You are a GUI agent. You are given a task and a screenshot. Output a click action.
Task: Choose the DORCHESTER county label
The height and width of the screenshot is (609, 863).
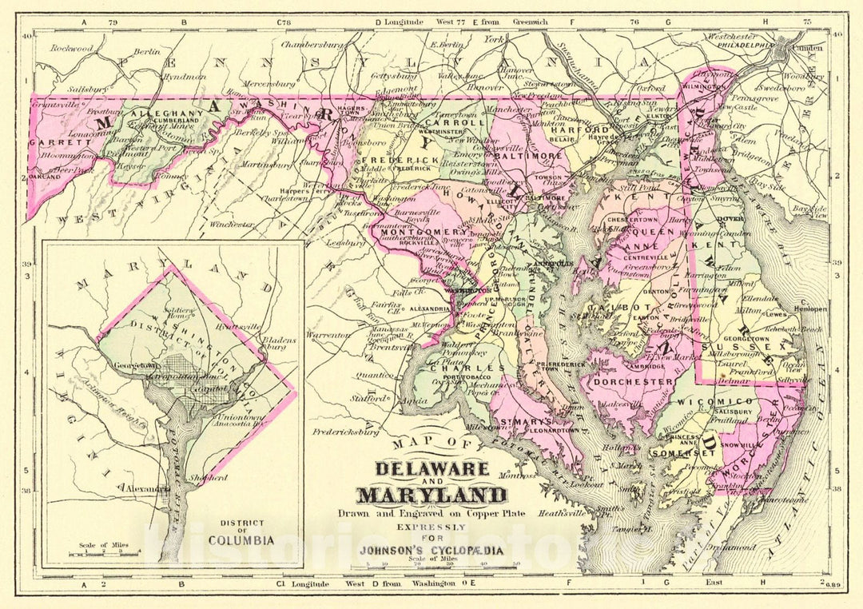click(x=638, y=382)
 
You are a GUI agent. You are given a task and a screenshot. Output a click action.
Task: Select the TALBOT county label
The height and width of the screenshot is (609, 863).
click(x=613, y=307)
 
